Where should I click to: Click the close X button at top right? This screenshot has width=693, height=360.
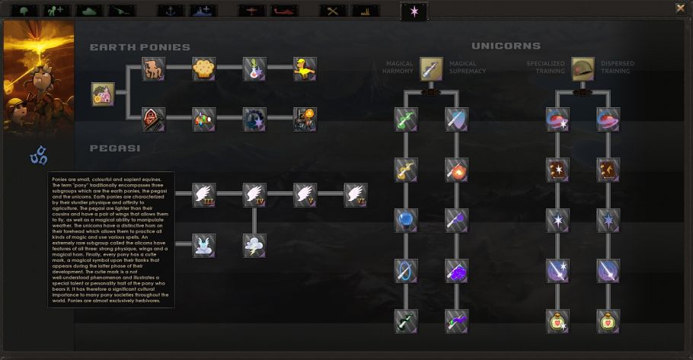click(680, 8)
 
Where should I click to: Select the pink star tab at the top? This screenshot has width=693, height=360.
click(414, 11)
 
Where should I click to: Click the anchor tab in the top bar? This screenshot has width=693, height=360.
click(171, 11)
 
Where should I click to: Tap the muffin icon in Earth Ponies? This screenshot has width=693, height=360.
click(203, 68)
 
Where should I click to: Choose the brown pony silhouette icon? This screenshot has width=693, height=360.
click(153, 68)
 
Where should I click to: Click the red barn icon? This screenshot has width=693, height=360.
click(153, 119)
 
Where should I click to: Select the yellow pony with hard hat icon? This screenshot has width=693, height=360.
click(305, 68)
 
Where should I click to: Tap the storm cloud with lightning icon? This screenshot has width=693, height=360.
click(254, 245)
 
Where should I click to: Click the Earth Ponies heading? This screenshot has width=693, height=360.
click(140, 47)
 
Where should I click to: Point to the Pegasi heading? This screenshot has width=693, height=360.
click(114, 148)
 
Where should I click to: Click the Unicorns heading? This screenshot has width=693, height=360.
click(506, 46)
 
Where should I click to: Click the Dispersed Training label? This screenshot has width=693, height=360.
click(617, 68)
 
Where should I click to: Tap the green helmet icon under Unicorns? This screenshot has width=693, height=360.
click(583, 69)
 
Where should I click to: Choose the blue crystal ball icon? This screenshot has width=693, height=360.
click(406, 220)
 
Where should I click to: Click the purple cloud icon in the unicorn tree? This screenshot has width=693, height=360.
click(457, 270)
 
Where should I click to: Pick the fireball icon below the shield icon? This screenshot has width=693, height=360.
click(457, 169)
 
